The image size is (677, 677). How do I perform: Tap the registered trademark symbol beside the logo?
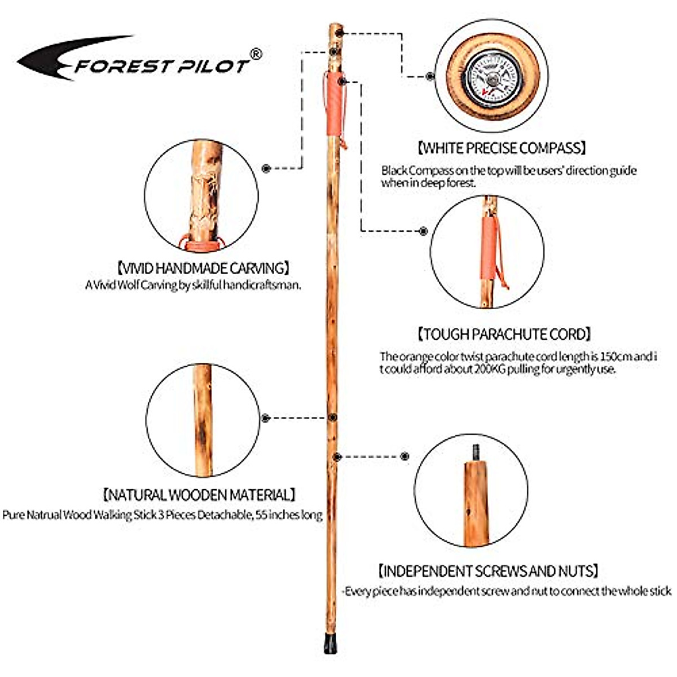(x=256, y=54)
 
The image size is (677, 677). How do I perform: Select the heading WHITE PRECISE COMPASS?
(x=502, y=148)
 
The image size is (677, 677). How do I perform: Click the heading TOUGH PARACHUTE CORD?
(x=504, y=334)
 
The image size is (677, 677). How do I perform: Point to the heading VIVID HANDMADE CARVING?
(x=203, y=268)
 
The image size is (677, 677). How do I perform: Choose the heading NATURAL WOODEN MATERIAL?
(x=199, y=495)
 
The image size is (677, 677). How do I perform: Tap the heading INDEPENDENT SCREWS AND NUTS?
(x=488, y=571)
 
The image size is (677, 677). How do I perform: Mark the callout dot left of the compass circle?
(x=430, y=76)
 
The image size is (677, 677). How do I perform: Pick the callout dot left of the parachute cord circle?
(x=423, y=231)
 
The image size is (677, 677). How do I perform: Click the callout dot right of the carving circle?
(x=266, y=168)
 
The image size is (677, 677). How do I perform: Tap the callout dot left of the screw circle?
(x=405, y=456)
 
